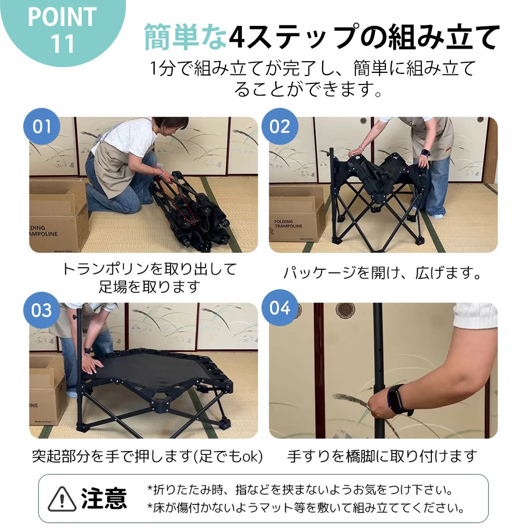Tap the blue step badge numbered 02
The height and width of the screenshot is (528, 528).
pyautogui.click(x=280, y=127)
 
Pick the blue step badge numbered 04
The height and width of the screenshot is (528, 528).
pyautogui.click(x=280, y=307)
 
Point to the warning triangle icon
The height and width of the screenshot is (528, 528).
pyautogui.click(x=61, y=498)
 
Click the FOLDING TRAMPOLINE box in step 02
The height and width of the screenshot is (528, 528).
pyautogui.click(x=298, y=216)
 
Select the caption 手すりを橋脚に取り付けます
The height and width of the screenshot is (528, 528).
pyautogui.click(x=382, y=456)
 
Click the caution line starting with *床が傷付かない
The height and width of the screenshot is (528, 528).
pyautogui.click(x=306, y=509)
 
